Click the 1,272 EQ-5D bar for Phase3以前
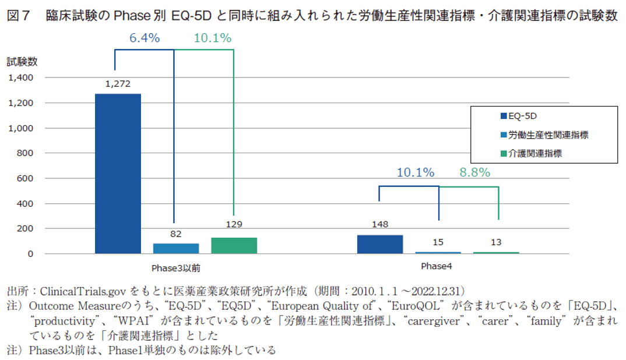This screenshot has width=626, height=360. point(118,174)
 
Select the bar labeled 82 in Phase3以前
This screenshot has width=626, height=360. point(175,248)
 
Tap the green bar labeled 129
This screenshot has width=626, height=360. point(234,245)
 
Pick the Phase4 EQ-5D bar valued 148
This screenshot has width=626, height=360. point(379,244)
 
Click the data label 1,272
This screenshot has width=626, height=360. point(118,84)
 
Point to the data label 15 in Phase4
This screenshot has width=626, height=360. point(438,242)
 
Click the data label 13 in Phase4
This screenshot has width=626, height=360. point(496,242)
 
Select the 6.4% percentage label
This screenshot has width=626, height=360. point(145,38)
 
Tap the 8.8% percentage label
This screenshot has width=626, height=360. point(474,172)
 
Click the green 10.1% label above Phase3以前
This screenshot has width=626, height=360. point(213,38)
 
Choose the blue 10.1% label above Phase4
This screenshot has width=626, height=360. point(416,172)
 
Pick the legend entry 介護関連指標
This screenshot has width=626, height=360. point(534,153)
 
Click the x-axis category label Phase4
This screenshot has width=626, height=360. point(437,266)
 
